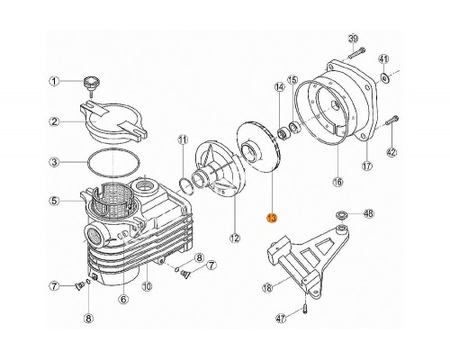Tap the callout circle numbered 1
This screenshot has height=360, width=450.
point(53,82)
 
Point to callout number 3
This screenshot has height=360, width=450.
point(53,163)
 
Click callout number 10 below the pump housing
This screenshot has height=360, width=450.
point(146,287)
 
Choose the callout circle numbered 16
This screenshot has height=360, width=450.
point(337,181)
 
